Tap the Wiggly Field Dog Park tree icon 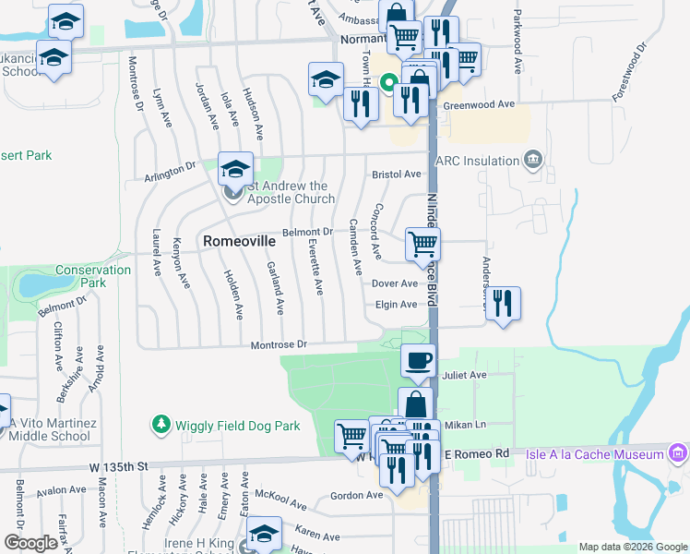click(x=161, y=426)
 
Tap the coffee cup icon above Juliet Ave click(x=418, y=359)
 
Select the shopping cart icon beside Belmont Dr click(x=422, y=245)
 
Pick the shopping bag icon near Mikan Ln click(x=415, y=403)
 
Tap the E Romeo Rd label click(x=477, y=453)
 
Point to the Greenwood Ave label click(x=478, y=104)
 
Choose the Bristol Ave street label click(x=396, y=174)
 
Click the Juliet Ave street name click(x=465, y=376)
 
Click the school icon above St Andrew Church click(x=235, y=168)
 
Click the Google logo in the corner click(x=30, y=543)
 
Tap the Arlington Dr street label click(x=170, y=172)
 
